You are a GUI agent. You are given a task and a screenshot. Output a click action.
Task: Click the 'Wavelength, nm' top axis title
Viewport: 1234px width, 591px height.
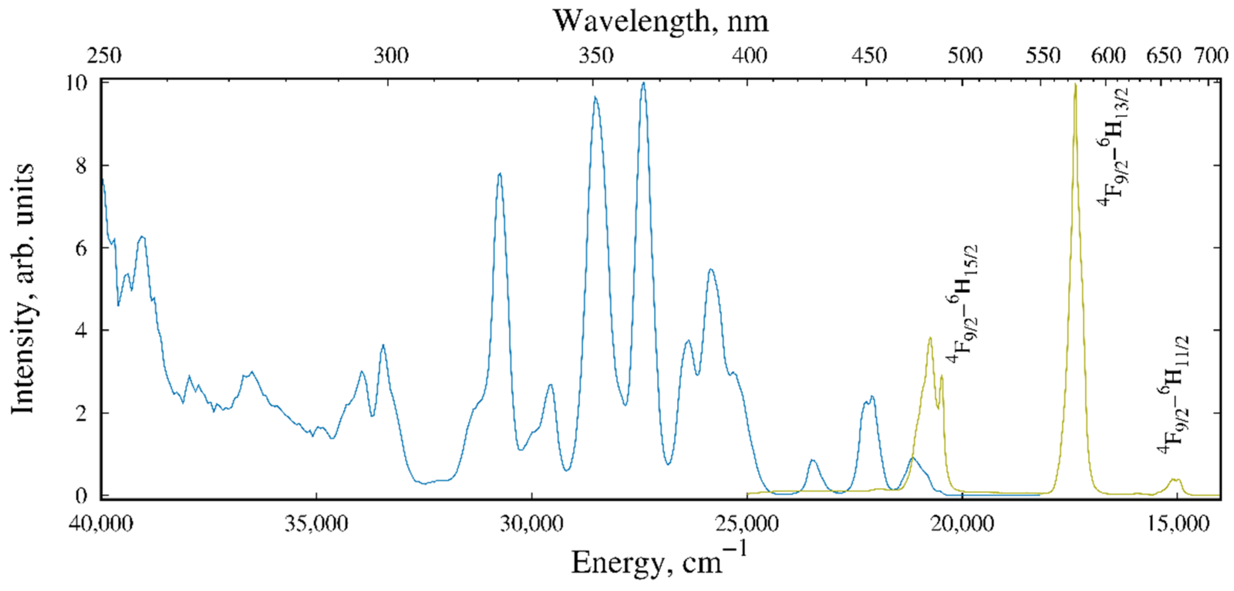coord(661,21)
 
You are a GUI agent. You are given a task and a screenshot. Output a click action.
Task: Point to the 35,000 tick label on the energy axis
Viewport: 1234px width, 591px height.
coord(316,524)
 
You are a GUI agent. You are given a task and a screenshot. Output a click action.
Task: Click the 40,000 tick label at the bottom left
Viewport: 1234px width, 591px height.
coord(101,524)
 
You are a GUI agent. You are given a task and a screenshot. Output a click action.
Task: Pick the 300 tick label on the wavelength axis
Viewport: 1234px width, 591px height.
coord(391,56)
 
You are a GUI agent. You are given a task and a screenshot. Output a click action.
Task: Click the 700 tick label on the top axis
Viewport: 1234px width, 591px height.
coord(1210,56)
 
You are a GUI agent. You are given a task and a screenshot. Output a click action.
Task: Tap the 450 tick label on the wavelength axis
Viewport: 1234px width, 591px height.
coord(869,56)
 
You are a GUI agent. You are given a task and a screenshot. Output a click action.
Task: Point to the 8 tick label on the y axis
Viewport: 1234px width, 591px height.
coord(81,166)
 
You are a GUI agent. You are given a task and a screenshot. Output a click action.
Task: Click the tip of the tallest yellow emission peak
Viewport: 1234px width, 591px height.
coord(1076,85)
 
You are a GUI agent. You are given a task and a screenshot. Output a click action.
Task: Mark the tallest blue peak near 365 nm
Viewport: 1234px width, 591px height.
coord(643,83)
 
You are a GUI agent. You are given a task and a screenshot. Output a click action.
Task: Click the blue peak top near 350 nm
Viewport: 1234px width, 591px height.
coord(595,98)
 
